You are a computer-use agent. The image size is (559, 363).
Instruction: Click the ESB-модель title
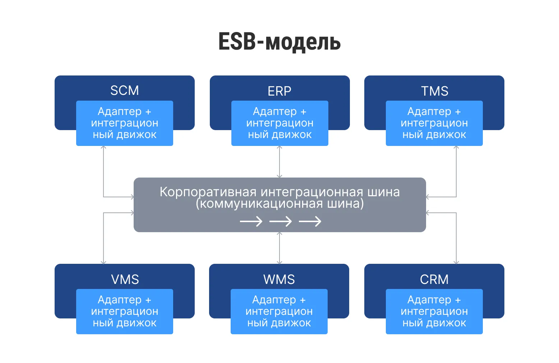coord(279,42)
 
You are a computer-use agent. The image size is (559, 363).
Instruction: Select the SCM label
coord(124,91)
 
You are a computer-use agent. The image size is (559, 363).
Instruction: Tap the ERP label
coord(279,91)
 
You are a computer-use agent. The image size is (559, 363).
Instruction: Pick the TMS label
coord(434,91)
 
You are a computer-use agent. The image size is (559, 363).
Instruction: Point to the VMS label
coord(125,280)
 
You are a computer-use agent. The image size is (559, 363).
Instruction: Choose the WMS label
coord(279,280)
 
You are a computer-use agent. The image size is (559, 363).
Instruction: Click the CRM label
coord(434,280)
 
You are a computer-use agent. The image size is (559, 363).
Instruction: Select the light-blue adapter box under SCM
coord(124,123)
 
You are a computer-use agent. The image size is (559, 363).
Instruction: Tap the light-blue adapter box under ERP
coord(279,123)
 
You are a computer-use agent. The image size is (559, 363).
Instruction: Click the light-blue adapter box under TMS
coord(434,123)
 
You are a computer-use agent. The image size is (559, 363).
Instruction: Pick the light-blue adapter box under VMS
coord(124,312)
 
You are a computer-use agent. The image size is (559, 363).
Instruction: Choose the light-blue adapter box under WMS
coord(279,312)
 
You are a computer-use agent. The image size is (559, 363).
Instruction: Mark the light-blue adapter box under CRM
coord(434,312)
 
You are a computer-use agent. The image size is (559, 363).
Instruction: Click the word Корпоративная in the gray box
coord(208,192)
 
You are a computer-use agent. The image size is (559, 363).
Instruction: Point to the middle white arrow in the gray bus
coord(280,221)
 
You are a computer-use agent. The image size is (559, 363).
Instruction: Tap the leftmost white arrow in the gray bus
coord(251,221)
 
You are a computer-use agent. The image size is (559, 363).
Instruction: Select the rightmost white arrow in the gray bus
coord(310,221)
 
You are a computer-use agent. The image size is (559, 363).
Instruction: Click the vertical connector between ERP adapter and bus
coord(279,162)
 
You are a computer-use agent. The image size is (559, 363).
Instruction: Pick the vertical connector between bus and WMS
coord(279,248)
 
